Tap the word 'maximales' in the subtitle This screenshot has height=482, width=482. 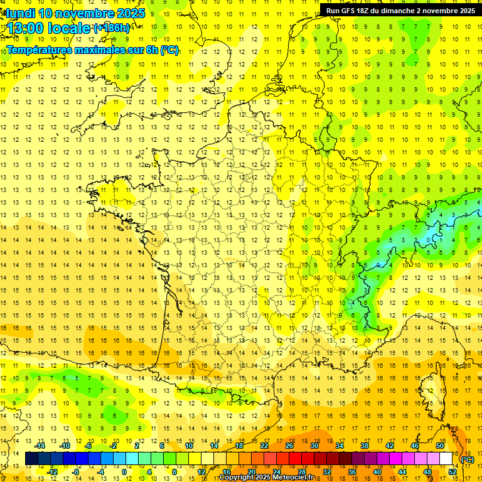99,50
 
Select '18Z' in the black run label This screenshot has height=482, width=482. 367,11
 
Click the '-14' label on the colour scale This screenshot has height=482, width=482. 41,446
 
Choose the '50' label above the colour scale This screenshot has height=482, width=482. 439,446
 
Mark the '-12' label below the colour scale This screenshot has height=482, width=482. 53,472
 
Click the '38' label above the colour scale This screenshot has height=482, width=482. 364,446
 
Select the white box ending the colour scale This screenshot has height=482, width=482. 446,459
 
